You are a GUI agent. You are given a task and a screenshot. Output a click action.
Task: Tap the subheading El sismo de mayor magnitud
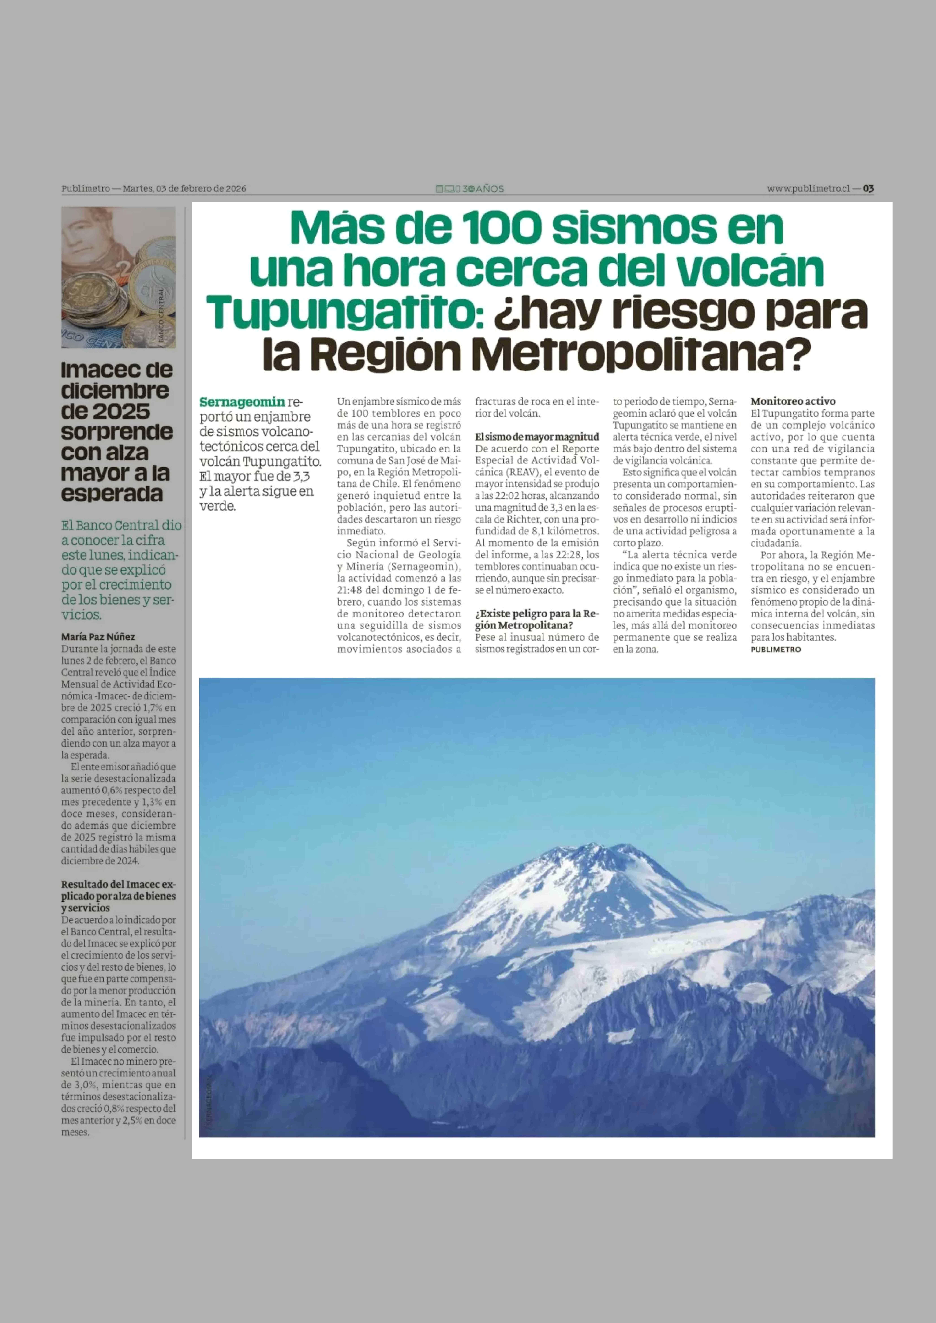[537, 437]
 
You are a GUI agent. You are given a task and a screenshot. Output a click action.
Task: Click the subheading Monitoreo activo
[792, 401]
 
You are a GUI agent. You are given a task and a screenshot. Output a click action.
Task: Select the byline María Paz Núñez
[98, 637]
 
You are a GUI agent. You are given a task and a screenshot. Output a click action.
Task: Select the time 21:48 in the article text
[350, 590]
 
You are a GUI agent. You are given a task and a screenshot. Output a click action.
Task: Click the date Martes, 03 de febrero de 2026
[184, 188]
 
